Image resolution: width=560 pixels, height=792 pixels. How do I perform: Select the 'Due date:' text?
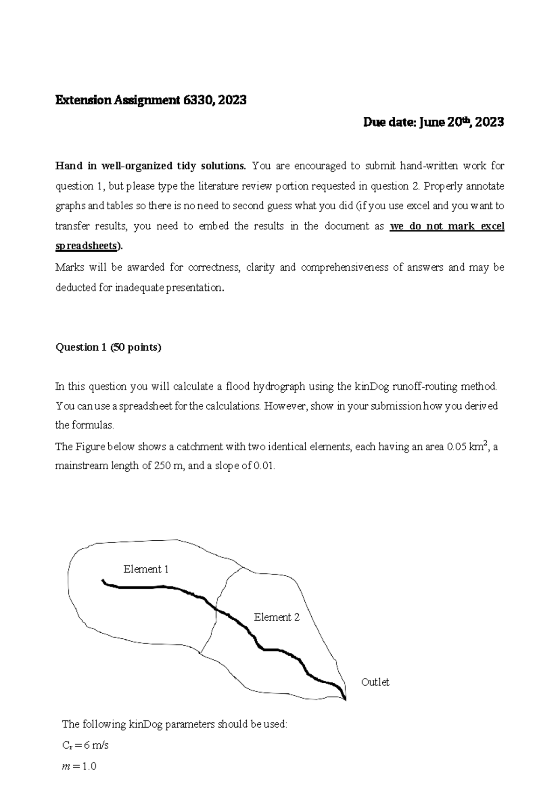point(391,122)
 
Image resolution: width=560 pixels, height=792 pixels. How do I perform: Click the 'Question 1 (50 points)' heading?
point(108,347)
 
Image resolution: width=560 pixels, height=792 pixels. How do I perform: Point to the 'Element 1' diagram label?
point(146,569)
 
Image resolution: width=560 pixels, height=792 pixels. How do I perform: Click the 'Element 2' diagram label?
point(276,617)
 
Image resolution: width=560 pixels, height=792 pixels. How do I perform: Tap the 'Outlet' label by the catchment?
point(375,682)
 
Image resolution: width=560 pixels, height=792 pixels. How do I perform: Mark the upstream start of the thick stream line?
point(103,580)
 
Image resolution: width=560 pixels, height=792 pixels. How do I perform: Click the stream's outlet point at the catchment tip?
point(345,699)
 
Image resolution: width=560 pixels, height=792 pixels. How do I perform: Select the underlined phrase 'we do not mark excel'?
point(447,226)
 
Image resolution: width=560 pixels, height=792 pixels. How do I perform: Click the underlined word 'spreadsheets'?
point(87,247)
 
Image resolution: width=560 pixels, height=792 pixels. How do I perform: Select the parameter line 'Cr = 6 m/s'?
point(85,745)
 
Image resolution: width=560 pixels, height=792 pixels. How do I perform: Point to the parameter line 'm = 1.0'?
point(79,766)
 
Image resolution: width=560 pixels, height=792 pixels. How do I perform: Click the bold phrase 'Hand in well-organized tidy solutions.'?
point(150,166)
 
